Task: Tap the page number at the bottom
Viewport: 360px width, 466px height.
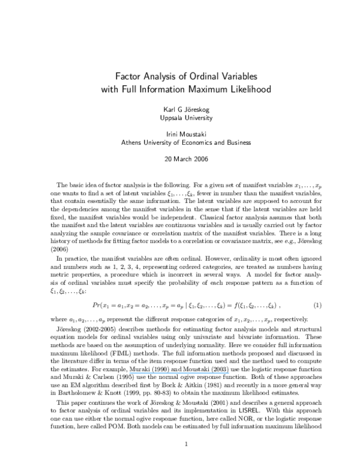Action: pyautogui.click(x=187, y=445)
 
